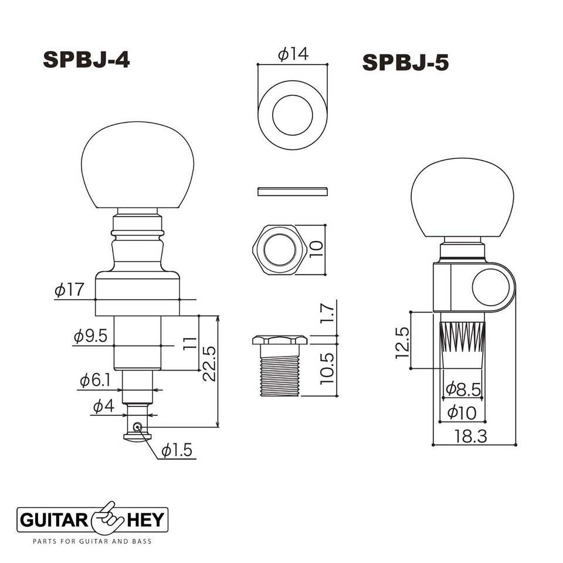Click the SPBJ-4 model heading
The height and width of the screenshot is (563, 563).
click(86, 59)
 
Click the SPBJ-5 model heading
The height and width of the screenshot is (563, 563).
click(406, 62)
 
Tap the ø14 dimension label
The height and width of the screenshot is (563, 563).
click(293, 55)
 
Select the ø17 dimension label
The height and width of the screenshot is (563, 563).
click(69, 289)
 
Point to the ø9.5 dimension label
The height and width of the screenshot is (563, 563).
click(90, 336)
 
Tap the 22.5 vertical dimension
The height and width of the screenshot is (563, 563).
click(209, 364)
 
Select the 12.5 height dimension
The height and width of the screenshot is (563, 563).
click(402, 342)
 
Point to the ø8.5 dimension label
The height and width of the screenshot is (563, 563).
click(463, 388)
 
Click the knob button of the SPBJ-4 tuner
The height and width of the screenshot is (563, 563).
click(138, 165)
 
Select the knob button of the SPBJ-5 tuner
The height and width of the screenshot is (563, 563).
click(462, 196)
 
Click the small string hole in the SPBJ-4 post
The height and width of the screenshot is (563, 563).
click(137, 427)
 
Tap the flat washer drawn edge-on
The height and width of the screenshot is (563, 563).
click(292, 190)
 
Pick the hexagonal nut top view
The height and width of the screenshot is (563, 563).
click(280, 250)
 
